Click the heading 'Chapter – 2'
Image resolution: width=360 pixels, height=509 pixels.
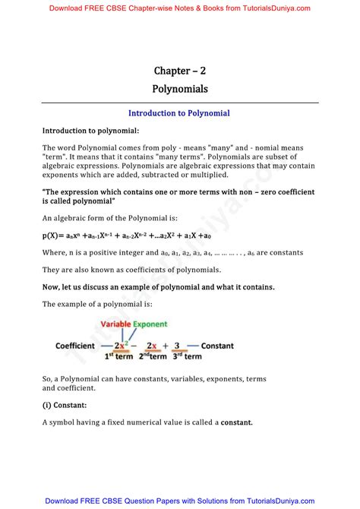[x=179, y=71]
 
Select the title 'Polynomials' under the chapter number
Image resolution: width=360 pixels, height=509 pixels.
[x=179, y=89]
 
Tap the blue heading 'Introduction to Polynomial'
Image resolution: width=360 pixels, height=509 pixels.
[x=179, y=113]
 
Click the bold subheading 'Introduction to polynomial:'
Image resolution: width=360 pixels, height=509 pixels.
[x=90, y=131]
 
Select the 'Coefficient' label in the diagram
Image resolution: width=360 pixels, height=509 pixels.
[x=75, y=346]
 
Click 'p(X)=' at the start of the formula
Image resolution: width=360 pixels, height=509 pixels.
[x=55, y=236]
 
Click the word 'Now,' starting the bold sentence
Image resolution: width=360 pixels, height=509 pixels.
[x=53, y=286]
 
